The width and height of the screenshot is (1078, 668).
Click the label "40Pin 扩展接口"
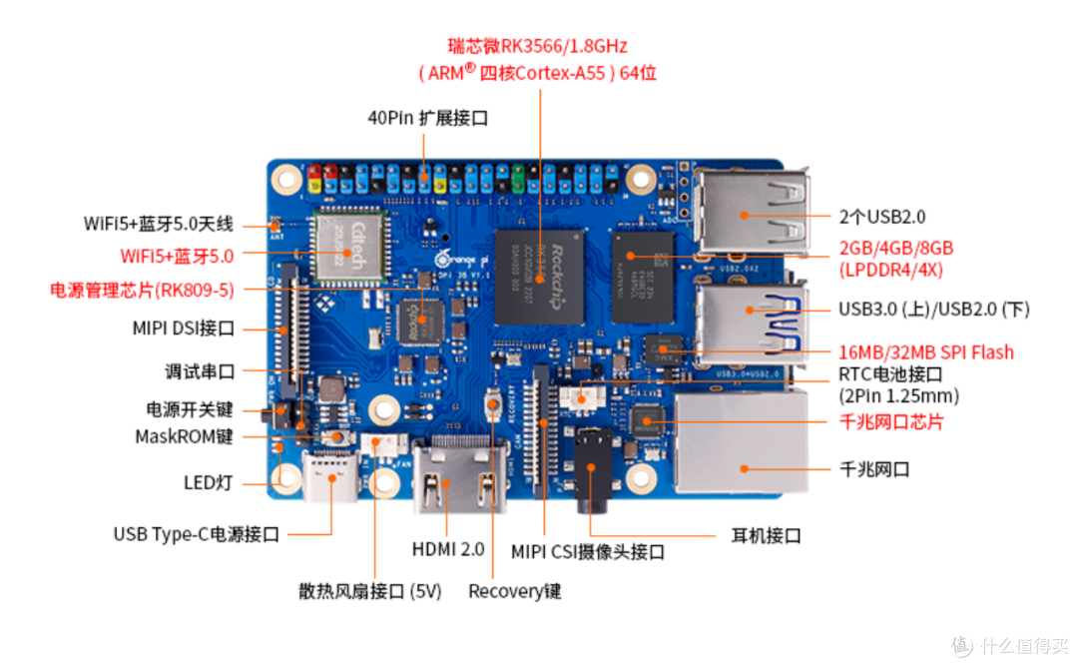(x=427, y=117)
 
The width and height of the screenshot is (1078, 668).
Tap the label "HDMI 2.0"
(x=447, y=549)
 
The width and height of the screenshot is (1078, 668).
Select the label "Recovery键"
(x=515, y=591)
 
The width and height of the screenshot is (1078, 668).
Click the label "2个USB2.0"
(x=881, y=216)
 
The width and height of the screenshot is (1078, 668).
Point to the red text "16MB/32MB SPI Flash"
(x=926, y=351)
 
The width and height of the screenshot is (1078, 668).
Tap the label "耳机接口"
(x=766, y=535)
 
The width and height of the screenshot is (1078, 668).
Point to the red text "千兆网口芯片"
(x=891, y=421)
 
